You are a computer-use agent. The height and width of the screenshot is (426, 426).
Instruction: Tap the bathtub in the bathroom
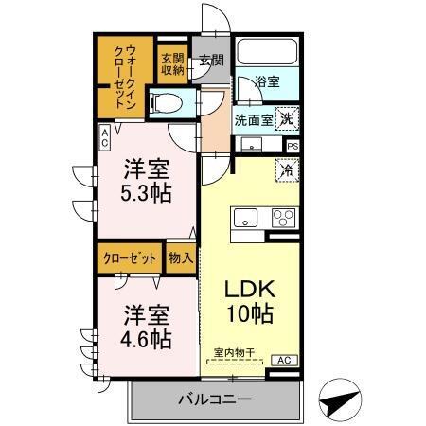pos(266,52)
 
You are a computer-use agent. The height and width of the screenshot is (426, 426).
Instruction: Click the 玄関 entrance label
pos(211,62)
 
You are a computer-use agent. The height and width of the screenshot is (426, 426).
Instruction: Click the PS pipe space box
pos(293,146)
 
